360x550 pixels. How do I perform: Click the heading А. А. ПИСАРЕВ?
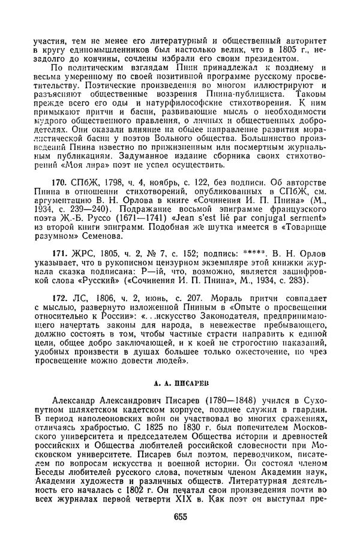click(179, 380)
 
